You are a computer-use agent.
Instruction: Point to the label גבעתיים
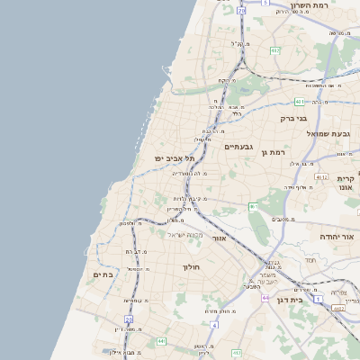238,146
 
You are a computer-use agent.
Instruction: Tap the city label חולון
190,266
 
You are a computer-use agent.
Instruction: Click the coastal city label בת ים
103,274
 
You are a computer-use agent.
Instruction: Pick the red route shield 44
265,296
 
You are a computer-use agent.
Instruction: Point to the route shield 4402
338,307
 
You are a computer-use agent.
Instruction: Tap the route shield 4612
321,177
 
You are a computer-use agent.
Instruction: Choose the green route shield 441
161,341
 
